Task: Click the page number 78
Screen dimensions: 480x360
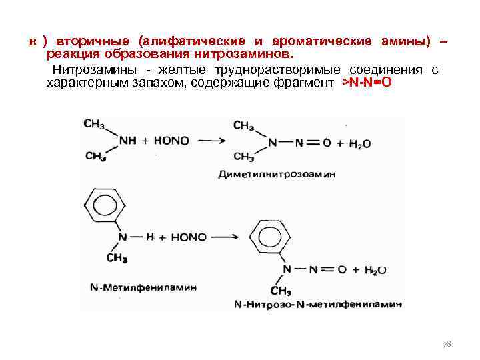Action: pos(447,344)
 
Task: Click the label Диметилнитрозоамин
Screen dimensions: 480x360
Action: pos(277,174)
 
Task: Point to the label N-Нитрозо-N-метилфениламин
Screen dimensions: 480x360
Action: pos(318,305)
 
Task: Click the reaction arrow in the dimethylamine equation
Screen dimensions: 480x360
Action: pos(211,141)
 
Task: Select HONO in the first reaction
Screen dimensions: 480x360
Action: pos(171,141)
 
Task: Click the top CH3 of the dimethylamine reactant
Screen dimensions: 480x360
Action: pos(95,124)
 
